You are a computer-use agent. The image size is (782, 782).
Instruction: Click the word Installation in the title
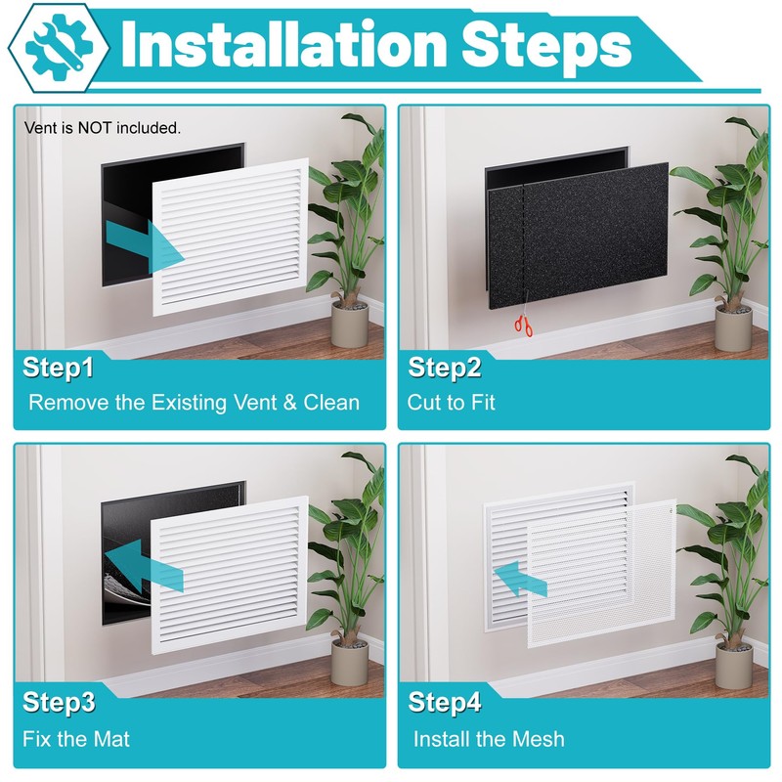[x=283, y=45]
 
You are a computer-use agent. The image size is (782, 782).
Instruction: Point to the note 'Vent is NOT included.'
[x=103, y=128]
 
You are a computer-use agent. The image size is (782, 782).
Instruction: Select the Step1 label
[x=58, y=369]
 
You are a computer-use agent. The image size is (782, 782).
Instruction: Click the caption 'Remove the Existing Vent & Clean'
[x=194, y=403]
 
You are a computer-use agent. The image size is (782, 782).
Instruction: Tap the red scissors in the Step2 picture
[x=524, y=326]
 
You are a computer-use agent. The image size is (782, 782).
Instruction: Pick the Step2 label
[x=445, y=369]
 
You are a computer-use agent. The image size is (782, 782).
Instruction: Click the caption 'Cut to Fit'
[x=451, y=403]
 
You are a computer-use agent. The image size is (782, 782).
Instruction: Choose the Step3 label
[x=59, y=702]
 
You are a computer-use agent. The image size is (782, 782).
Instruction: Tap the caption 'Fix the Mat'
[x=76, y=739]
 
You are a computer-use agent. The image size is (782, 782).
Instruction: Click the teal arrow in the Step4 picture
[x=520, y=579]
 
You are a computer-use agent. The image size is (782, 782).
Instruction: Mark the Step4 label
[x=445, y=702]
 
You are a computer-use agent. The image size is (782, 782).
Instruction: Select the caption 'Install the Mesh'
[x=489, y=739]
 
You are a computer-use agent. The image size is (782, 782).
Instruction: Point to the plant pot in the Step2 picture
[x=733, y=327]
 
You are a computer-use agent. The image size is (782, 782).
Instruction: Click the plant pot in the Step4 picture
[x=734, y=666]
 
